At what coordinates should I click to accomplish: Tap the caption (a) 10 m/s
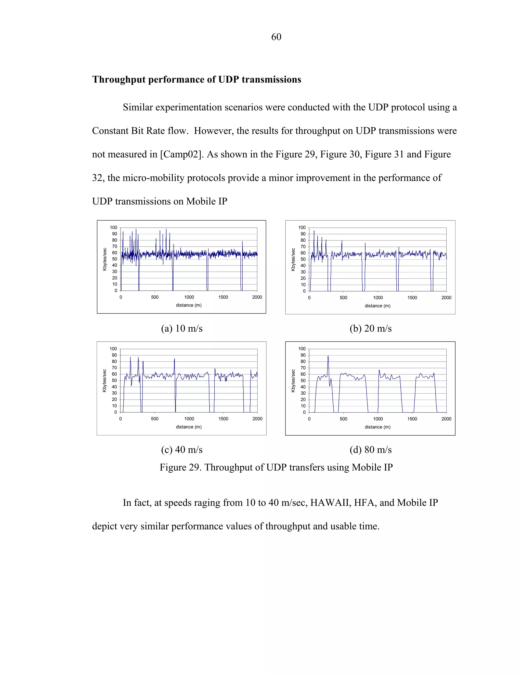point(181,328)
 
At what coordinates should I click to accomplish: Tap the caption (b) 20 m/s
point(370,328)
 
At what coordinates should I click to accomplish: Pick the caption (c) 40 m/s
point(181,449)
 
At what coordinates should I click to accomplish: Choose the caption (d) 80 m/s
point(370,449)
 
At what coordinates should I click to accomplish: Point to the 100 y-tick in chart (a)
point(113,227)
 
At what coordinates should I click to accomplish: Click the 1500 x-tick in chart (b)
point(412,298)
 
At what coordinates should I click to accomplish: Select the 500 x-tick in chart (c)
point(155,419)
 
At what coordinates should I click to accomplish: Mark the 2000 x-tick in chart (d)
point(446,419)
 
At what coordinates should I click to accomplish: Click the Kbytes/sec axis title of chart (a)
point(105,259)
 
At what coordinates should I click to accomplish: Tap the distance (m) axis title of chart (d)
point(377,427)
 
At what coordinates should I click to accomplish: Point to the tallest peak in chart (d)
point(328,356)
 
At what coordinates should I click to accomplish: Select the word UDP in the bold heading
point(229,80)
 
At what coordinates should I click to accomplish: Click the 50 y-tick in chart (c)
point(114,381)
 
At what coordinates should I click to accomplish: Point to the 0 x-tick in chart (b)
point(309,298)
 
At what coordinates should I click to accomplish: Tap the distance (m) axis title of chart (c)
point(189,427)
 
